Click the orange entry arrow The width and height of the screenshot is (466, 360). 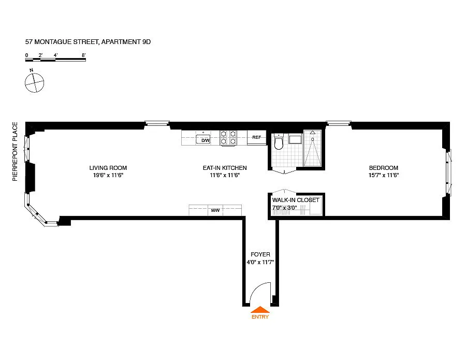(x=260, y=310)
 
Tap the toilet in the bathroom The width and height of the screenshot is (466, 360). (x=279, y=142)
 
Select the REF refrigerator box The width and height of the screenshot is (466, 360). (x=257, y=137)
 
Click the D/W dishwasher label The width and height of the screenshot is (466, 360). (x=206, y=140)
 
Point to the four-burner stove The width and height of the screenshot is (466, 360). (x=228, y=138)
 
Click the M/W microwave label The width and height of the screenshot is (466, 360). (x=215, y=210)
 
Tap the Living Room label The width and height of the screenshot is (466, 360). (x=108, y=168)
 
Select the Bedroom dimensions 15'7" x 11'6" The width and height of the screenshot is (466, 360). (x=384, y=176)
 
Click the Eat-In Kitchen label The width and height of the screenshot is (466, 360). (x=225, y=168)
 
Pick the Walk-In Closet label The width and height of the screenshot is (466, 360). (x=296, y=200)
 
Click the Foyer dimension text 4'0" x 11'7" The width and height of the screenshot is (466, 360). (x=260, y=262)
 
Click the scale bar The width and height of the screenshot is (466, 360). (x=55, y=60)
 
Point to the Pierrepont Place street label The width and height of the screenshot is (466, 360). (x=15, y=152)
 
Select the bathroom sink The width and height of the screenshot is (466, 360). (x=295, y=139)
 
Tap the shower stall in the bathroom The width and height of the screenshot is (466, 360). (x=313, y=148)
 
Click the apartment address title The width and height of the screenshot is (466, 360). (x=88, y=42)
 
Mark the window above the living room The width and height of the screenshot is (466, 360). (x=157, y=123)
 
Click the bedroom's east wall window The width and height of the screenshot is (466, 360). (x=449, y=173)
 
